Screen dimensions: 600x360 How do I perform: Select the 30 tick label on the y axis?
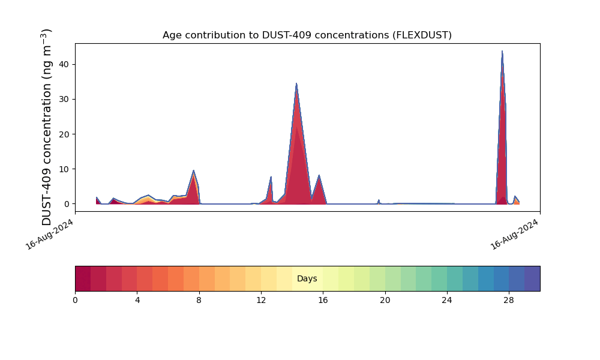tap(64, 99)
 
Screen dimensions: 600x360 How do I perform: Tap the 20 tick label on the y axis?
tap(64, 134)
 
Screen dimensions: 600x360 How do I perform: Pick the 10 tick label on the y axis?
tap(64, 169)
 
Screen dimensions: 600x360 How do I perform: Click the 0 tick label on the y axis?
tap(67, 204)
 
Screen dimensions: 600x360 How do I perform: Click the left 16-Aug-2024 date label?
tap(49, 234)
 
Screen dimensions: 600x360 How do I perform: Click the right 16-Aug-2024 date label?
tap(514, 234)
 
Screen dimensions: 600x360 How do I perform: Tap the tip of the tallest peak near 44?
tap(502, 51)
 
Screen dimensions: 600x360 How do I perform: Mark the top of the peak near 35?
tap(296, 83)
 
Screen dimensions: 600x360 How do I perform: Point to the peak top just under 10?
tap(194, 170)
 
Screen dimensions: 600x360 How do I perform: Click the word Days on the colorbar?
tap(307, 278)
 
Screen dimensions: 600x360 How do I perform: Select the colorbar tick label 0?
tap(75, 301)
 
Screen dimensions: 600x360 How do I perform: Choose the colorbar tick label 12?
tap(261, 301)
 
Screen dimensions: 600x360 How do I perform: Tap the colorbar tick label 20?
tap(385, 301)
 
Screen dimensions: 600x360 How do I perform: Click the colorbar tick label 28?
tap(509, 301)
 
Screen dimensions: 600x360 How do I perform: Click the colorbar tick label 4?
tap(137, 301)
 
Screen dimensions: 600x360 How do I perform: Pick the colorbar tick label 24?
tap(447, 301)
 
